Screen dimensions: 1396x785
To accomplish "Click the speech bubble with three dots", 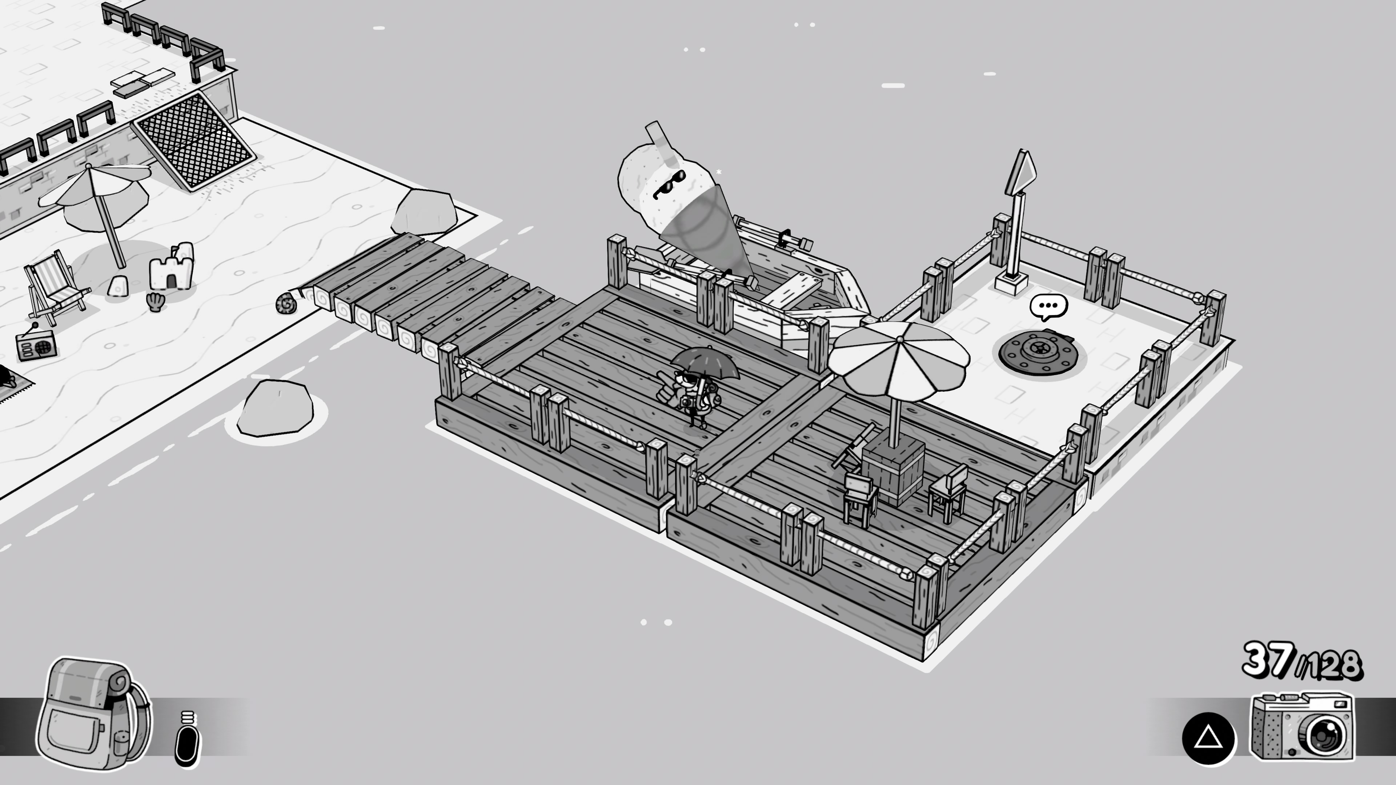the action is (1048, 307).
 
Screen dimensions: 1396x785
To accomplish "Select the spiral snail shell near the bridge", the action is (286, 303).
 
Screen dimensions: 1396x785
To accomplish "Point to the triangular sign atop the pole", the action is (1021, 172).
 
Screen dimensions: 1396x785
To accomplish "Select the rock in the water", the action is (275, 407).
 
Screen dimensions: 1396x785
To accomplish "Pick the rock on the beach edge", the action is (424, 212).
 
